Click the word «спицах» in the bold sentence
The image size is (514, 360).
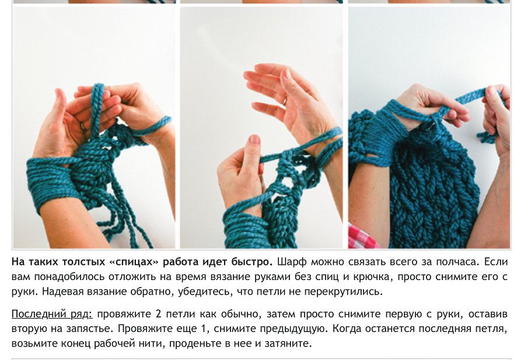[134, 262]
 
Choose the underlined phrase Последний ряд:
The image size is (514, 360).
[52, 314]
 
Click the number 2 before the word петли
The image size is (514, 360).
[159, 314]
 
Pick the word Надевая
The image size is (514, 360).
[62, 292]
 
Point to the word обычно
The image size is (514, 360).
[242, 314]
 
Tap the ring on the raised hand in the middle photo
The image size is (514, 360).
[285, 101]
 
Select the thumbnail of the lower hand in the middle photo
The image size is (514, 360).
[254, 141]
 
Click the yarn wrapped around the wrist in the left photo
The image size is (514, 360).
[53, 184]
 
